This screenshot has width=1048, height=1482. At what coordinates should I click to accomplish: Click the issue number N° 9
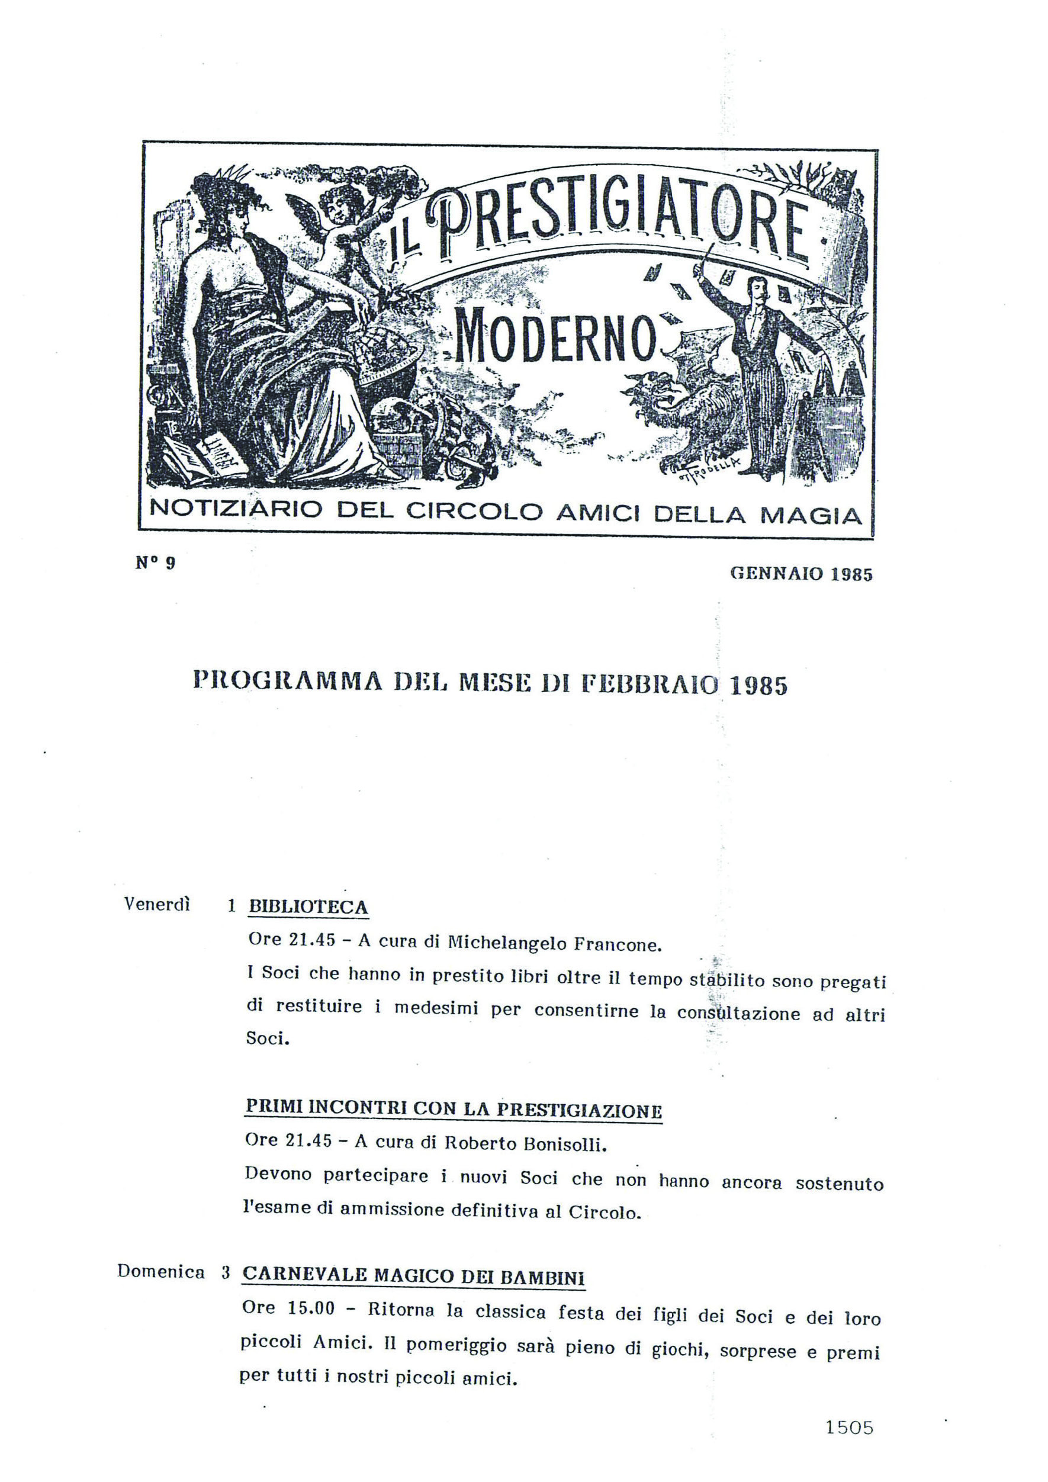pyautogui.click(x=156, y=563)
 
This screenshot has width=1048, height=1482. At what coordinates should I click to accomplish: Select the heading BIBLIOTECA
pyautogui.click(x=308, y=907)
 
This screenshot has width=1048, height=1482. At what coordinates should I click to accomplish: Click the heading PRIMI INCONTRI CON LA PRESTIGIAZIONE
pyautogui.click(x=453, y=1110)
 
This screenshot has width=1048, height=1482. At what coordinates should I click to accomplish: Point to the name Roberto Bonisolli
pyautogui.click(x=526, y=1144)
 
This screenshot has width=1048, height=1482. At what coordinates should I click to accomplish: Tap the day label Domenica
pyautogui.click(x=160, y=1272)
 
